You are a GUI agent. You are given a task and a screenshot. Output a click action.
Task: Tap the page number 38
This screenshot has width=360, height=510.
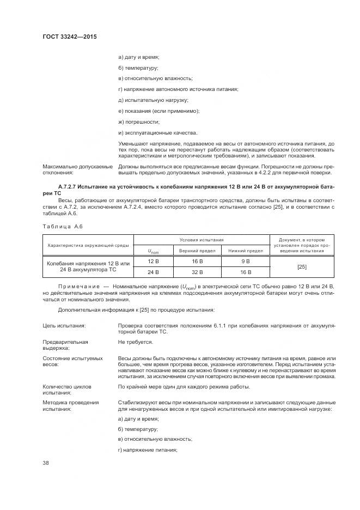point(46,463)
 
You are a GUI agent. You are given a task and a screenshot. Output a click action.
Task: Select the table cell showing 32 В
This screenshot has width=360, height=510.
point(198,271)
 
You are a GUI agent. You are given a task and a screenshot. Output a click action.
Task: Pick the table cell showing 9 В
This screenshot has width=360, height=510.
point(245,261)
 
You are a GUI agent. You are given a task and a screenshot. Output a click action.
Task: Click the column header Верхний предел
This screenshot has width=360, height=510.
point(198,251)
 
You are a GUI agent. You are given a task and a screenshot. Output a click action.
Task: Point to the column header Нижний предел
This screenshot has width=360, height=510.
point(245,251)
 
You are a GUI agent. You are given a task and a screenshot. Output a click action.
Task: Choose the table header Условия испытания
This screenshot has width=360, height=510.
point(202,240)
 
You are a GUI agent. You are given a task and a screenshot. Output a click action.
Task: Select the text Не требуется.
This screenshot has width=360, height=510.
point(135,342)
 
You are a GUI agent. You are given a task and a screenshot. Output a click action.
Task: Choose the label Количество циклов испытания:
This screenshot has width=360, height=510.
point(67,390)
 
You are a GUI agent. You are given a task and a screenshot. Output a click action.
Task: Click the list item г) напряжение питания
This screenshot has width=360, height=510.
point(148,450)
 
